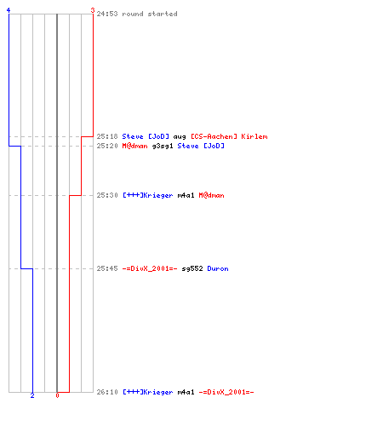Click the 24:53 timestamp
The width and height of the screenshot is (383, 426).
[107, 14]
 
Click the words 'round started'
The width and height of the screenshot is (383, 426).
[150, 14]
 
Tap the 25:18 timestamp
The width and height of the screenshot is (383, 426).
[107, 136]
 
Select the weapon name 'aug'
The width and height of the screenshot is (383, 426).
[180, 137]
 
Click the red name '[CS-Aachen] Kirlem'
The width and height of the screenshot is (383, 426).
[229, 136]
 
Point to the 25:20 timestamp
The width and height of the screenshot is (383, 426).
[107, 146]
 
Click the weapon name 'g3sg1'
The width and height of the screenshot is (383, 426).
[163, 147]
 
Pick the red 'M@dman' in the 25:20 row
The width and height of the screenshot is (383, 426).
[134, 146]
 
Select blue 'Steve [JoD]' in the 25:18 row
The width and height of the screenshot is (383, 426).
[146, 136]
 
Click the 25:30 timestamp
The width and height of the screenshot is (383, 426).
[107, 195]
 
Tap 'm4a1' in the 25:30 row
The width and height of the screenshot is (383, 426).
[186, 195]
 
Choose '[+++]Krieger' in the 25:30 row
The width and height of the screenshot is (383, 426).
[147, 195]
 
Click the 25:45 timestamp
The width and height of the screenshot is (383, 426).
[107, 268]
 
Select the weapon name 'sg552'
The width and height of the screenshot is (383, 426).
[192, 268]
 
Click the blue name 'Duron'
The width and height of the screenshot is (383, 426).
[218, 268]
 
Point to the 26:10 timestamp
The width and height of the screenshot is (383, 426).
[107, 392]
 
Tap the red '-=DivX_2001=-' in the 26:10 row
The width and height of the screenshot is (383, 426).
[226, 392]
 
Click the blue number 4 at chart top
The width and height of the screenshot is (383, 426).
[9, 10]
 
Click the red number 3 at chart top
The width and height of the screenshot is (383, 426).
[93, 10]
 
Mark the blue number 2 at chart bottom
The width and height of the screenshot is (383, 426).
[32, 395]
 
